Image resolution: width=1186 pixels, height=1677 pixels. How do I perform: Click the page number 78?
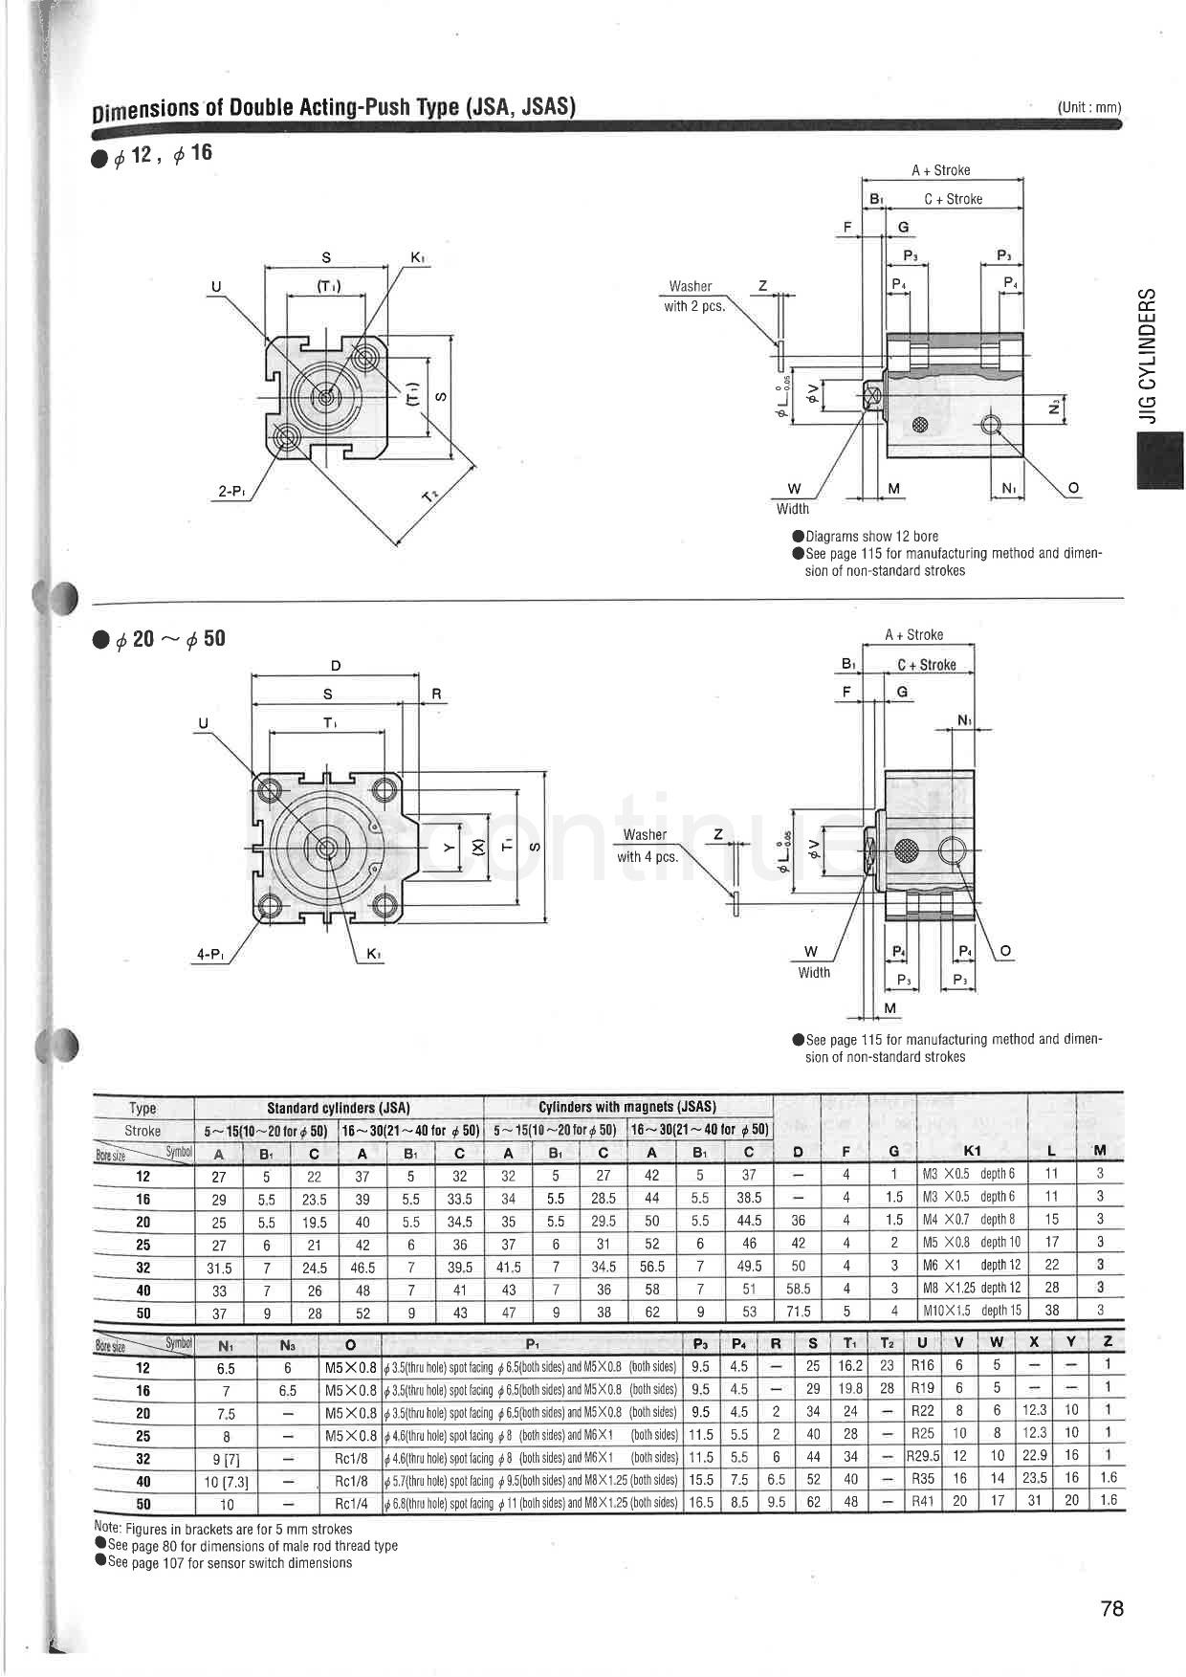pyautogui.click(x=1111, y=1608)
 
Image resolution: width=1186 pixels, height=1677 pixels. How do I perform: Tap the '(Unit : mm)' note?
pyautogui.click(x=1089, y=108)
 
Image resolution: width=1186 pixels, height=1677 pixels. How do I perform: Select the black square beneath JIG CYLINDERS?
pyautogui.click(x=1159, y=460)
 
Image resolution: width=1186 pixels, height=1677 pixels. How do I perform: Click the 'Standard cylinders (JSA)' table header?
pyautogui.click(x=338, y=1108)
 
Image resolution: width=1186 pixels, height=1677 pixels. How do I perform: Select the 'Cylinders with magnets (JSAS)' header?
pyautogui.click(x=627, y=1107)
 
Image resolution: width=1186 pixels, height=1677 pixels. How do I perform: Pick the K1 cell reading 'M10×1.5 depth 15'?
pyautogui.click(x=972, y=1311)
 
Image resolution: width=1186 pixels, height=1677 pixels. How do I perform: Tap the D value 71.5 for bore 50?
pyautogui.click(x=798, y=1312)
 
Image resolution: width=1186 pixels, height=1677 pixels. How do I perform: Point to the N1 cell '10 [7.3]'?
pyautogui.click(x=227, y=1480)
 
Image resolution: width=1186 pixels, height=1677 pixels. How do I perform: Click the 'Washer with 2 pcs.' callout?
pyautogui.click(x=693, y=297)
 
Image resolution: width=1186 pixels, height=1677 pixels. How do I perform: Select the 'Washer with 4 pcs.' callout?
pyautogui.click(x=647, y=846)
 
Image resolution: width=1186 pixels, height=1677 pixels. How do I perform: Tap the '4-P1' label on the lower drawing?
pyautogui.click(x=210, y=954)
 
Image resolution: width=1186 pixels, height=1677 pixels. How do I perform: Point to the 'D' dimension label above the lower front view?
pyautogui.click(x=336, y=666)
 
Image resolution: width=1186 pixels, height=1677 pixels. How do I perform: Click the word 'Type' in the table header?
pyautogui.click(x=143, y=1108)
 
